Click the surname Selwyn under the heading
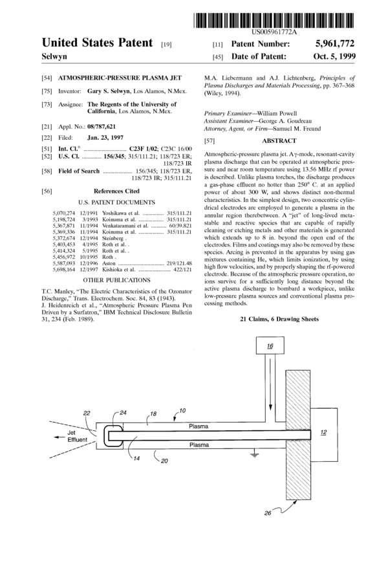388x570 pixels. (x=55, y=56)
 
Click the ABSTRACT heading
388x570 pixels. (x=279, y=141)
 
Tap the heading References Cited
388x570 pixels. (x=116, y=192)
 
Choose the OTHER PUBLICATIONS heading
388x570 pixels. (x=116, y=262)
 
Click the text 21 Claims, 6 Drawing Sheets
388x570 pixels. (x=279, y=320)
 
